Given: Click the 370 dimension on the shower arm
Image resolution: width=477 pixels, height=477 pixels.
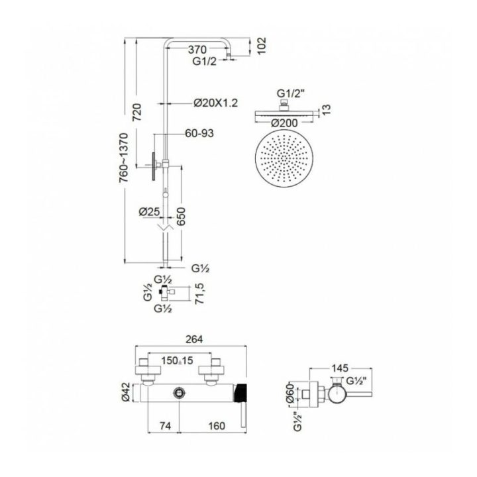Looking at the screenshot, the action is [197, 49].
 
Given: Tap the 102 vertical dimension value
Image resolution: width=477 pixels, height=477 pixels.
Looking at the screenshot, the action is [261, 46].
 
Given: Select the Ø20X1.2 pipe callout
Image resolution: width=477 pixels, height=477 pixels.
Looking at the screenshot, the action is [216, 103].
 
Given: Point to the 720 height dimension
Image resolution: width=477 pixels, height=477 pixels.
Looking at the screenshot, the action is [137, 112].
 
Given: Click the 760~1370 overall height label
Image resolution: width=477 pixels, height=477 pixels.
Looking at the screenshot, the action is [123, 158].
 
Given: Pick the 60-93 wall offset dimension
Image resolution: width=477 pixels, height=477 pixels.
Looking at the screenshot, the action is [199, 133].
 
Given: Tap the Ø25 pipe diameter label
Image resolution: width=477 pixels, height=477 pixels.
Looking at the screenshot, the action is [149, 211].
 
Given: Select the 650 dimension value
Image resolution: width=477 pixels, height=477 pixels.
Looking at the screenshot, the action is [181, 216].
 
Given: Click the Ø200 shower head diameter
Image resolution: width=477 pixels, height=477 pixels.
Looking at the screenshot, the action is [284, 123].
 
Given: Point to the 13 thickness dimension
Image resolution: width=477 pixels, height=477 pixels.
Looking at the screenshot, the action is [326, 109].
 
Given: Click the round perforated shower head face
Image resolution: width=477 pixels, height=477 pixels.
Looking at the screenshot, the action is [284, 158].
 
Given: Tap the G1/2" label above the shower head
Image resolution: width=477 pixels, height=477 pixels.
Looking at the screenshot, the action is [290, 93].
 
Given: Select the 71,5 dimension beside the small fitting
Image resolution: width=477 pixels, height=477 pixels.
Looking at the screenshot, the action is [199, 293].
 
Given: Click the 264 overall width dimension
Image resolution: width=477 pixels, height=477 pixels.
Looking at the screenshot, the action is [194, 339].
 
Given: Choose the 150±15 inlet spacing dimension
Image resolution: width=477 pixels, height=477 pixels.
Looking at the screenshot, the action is [177, 360].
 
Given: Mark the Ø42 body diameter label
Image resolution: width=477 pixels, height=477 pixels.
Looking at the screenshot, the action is [126, 392].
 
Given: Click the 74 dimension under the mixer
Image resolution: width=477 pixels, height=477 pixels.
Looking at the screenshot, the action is [165, 426].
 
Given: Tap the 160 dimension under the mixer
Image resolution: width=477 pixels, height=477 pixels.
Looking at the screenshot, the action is [217, 426].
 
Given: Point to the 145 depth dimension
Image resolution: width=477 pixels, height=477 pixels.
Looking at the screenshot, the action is [339, 368].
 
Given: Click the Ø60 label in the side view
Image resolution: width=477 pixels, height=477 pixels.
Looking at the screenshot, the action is [290, 393].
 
